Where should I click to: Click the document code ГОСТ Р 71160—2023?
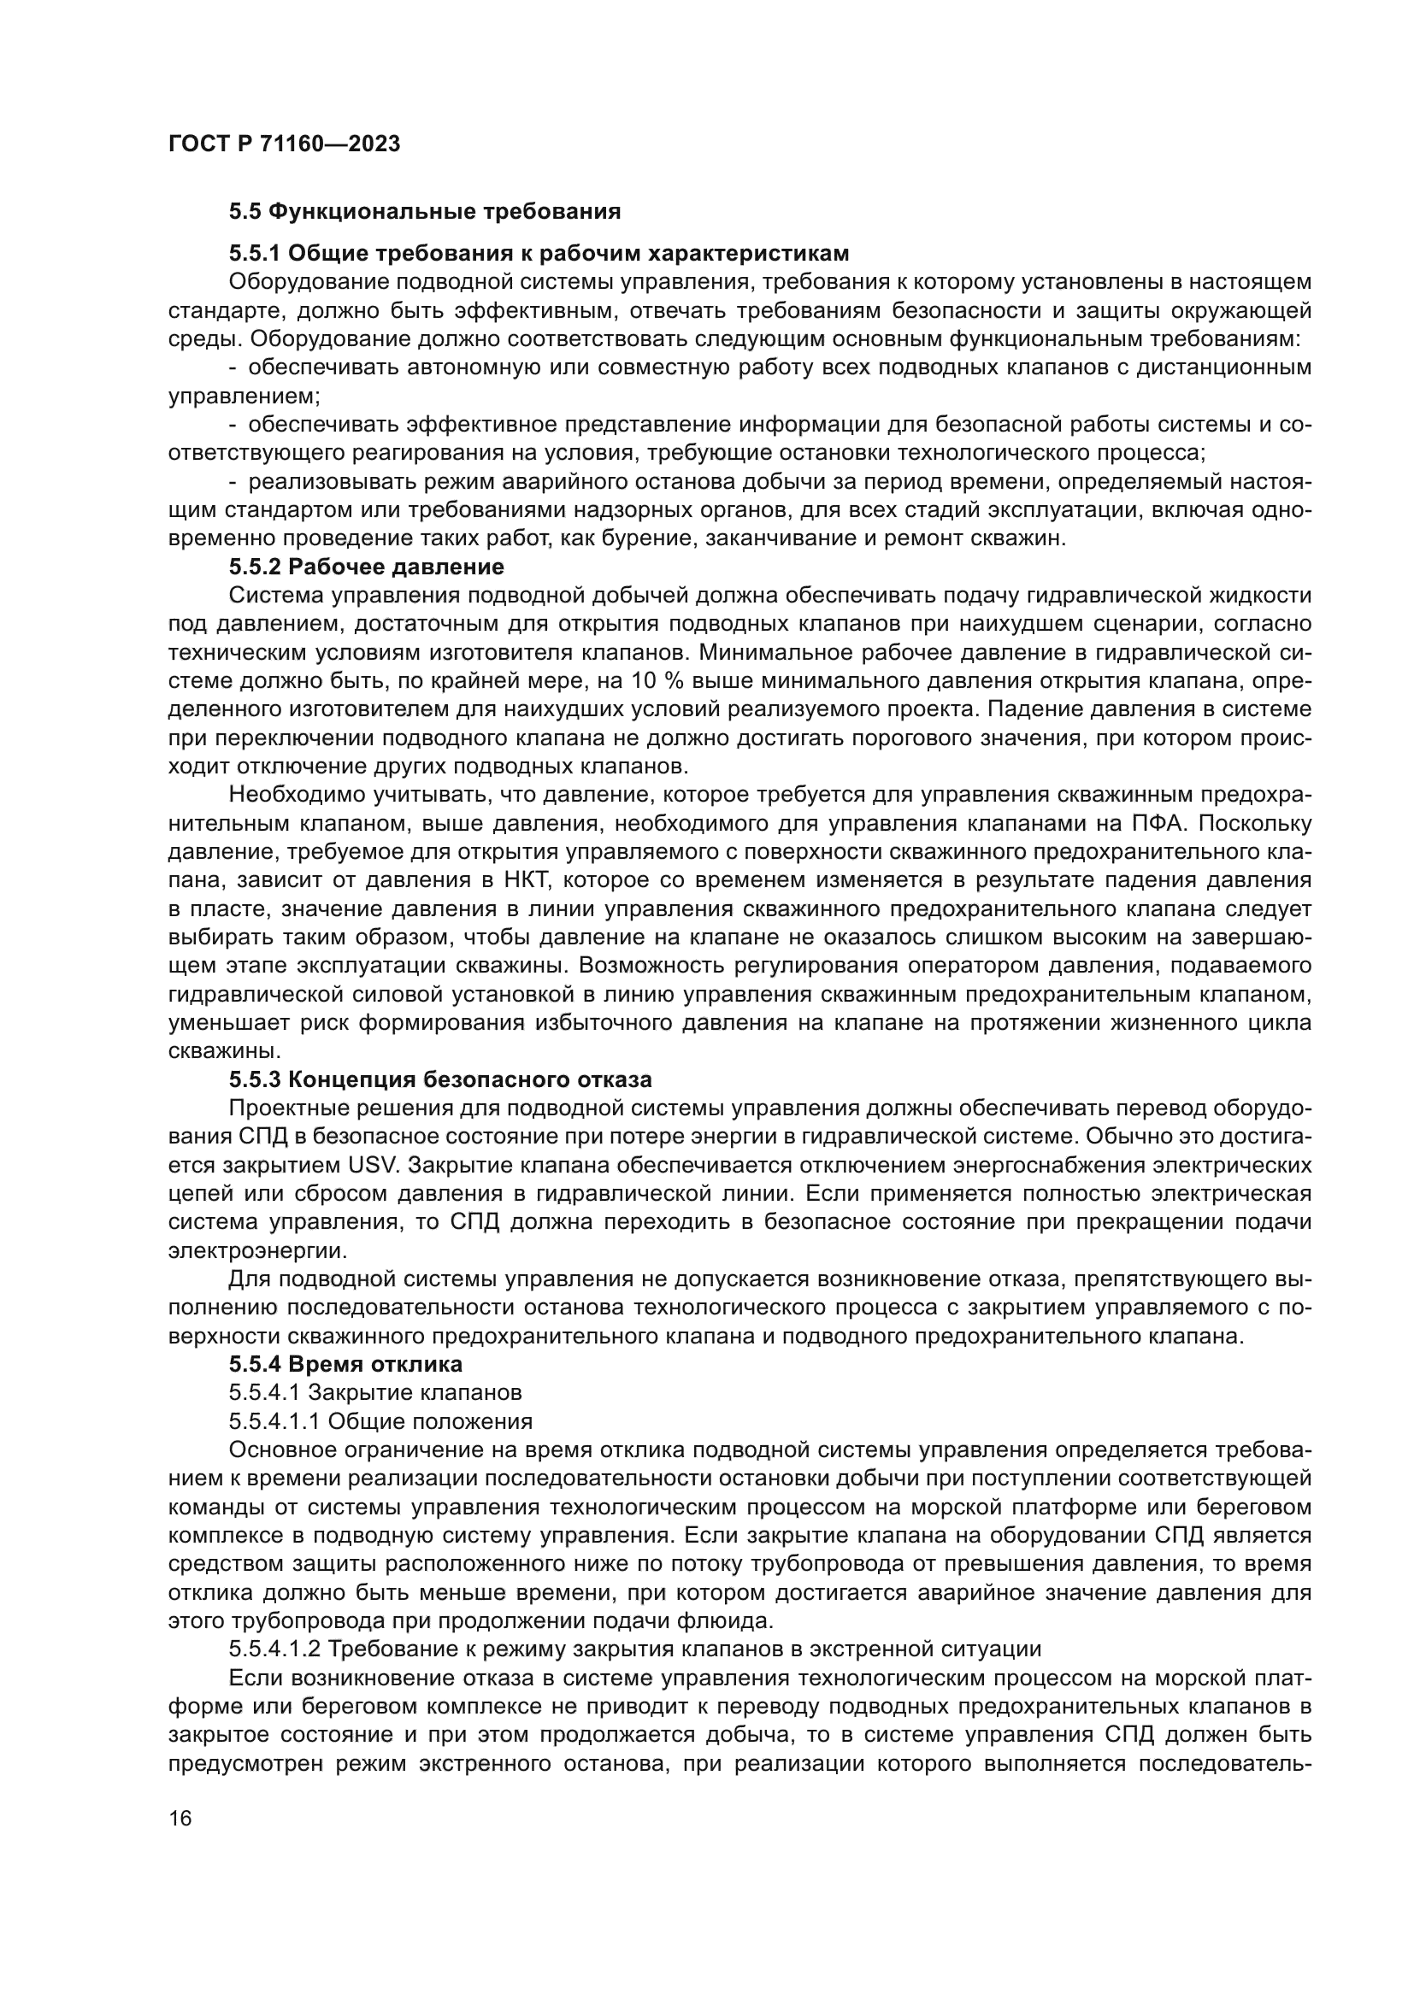tap(284, 144)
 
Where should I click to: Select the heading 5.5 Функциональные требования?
tap(424, 212)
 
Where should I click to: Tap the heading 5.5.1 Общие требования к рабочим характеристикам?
tap(538, 253)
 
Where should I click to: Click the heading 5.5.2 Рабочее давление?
tap(366, 567)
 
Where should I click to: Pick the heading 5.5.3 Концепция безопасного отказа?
tap(439, 1079)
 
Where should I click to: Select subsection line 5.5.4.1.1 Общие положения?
tap(380, 1421)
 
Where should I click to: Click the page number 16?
tap(180, 1818)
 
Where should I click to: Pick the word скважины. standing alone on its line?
tap(211, 1051)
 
